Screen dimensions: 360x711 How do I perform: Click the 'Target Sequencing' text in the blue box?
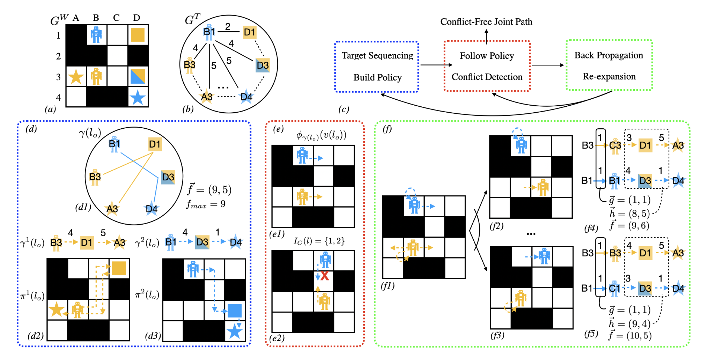click(377, 55)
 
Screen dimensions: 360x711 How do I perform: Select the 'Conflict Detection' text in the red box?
click(487, 77)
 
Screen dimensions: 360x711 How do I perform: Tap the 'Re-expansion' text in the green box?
click(609, 76)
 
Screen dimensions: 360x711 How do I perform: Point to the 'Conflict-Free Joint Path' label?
click(486, 22)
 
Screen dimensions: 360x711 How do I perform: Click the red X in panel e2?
click(325, 276)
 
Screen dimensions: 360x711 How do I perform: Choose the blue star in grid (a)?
click(138, 97)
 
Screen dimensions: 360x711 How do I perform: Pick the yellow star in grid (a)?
click(76, 77)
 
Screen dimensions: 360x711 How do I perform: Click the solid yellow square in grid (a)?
click(138, 35)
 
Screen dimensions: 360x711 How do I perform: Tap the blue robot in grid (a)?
click(96, 35)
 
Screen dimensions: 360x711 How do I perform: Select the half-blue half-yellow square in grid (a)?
click(138, 76)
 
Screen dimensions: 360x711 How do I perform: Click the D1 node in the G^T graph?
click(250, 32)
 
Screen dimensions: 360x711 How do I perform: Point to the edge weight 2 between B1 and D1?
click(228, 26)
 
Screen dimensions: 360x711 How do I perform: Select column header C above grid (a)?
click(116, 17)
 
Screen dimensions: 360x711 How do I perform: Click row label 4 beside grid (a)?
click(58, 97)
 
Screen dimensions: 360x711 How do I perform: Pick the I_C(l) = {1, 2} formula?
click(319, 241)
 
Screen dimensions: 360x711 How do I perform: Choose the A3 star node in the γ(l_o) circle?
click(112, 209)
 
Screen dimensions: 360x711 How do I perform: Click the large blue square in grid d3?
click(235, 311)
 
